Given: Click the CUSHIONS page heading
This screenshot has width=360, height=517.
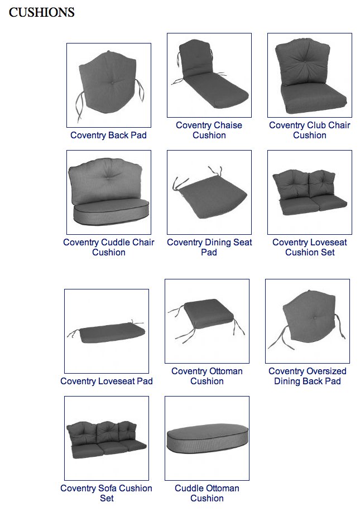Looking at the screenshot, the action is pos(41,12).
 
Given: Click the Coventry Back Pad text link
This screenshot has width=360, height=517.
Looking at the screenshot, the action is pos(109,135).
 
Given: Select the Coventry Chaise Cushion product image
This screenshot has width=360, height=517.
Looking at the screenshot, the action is pos(209,75).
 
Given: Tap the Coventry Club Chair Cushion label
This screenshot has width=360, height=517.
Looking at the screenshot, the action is pos(310,130).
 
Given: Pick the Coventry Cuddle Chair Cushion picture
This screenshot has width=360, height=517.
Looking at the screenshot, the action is pos(109,192).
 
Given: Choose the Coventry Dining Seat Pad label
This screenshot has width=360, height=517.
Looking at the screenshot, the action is pos(209,247).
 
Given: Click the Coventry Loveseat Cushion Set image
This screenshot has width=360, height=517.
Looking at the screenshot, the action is pos(310,192).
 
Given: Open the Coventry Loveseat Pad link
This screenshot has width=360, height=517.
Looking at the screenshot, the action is pos(107,381).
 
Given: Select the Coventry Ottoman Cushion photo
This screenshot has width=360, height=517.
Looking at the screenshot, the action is pos(207,321).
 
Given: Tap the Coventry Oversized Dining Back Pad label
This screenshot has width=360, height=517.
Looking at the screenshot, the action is pos(308,376).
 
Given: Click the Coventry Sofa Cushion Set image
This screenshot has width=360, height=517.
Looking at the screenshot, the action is pos(107,438).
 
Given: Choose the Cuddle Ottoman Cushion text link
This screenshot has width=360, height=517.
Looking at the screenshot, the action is pos(207,493).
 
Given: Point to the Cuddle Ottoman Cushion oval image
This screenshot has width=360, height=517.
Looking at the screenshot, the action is pos(207,438).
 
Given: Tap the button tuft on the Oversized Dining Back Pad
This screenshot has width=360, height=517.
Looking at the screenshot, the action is pos(314,318).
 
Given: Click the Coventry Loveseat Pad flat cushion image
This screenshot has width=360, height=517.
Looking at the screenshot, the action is pos(107,331).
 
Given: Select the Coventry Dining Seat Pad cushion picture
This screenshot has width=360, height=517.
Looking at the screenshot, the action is pos(209,192).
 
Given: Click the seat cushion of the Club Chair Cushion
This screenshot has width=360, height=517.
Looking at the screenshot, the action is pos(314,98).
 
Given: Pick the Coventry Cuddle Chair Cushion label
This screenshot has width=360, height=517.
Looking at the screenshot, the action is pos(109,247).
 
